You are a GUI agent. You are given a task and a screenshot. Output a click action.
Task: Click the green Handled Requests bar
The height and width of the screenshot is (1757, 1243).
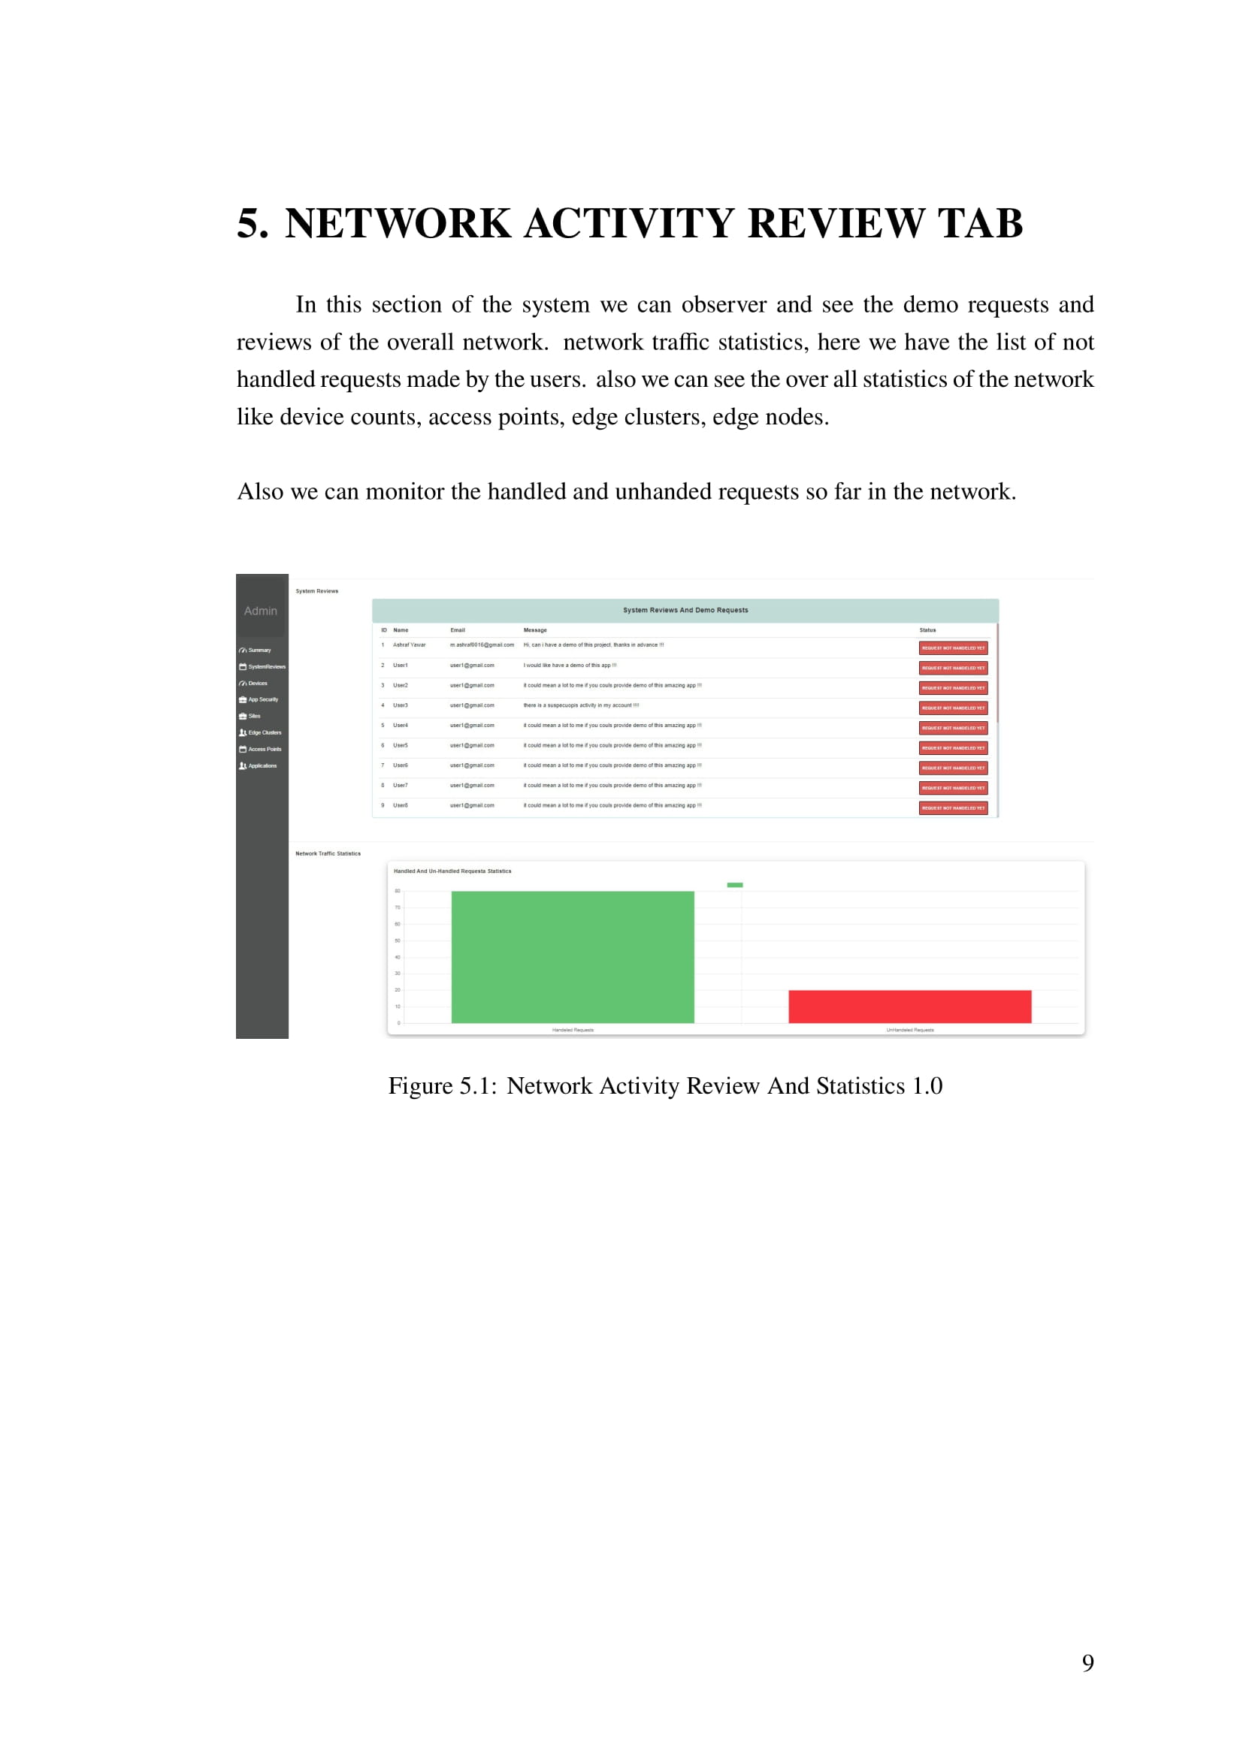click(x=573, y=956)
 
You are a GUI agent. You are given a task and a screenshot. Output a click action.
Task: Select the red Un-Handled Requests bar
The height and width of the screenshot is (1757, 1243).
click(x=909, y=1007)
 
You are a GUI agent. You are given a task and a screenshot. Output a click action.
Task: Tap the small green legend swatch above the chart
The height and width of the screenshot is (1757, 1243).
click(x=735, y=885)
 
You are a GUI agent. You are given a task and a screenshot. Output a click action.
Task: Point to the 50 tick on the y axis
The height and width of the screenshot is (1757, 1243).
click(x=398, y=940)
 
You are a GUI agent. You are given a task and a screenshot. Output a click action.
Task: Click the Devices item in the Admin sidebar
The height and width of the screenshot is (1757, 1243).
click(x=257, y=684)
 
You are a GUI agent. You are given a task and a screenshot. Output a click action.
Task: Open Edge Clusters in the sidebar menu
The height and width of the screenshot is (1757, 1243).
click(x=264, y=732)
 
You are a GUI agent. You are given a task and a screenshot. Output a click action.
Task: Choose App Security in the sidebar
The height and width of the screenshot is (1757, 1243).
click(x=262, y=699)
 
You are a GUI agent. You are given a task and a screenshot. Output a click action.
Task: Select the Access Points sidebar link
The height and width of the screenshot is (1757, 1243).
click(x=264, y=749)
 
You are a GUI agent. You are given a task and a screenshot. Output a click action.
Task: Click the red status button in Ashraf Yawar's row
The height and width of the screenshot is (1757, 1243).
click(x=953, y=648)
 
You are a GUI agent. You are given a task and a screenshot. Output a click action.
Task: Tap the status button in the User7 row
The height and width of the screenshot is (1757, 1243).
click(x=953, y=788)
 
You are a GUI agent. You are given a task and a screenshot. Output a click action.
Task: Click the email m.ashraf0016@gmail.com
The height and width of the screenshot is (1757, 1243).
click(x=482, y=645)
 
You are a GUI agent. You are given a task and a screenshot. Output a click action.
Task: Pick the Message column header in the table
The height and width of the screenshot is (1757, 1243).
click(x=535, y=630)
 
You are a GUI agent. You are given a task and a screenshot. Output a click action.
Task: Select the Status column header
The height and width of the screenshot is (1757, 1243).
click(x=927, y=630)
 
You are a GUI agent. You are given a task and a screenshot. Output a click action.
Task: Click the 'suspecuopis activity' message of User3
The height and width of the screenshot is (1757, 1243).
click(x=581, y=705)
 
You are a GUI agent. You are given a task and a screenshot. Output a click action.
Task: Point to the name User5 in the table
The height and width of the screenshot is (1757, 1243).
click(x=401, y=745)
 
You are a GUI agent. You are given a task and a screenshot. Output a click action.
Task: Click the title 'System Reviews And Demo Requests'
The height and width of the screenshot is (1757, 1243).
click(x=685, y=611)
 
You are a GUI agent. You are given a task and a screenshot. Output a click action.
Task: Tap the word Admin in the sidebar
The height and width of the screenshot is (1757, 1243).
click(x=260, y=611)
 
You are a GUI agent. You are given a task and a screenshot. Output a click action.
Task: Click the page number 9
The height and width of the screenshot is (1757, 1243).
click(x=1087, y=1663)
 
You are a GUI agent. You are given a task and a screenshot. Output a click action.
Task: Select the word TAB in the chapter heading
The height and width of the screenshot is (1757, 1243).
click(x=981, y=223)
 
